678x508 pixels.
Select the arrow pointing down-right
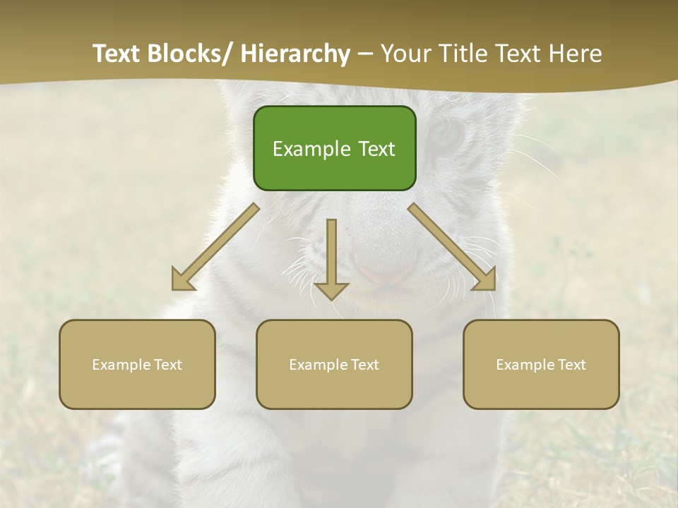[x=453, y=248]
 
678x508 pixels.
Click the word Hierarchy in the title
[x=295, y=54]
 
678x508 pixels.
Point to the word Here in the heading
[x=576, y=54]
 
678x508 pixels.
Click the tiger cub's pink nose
[x=385, y=272]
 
